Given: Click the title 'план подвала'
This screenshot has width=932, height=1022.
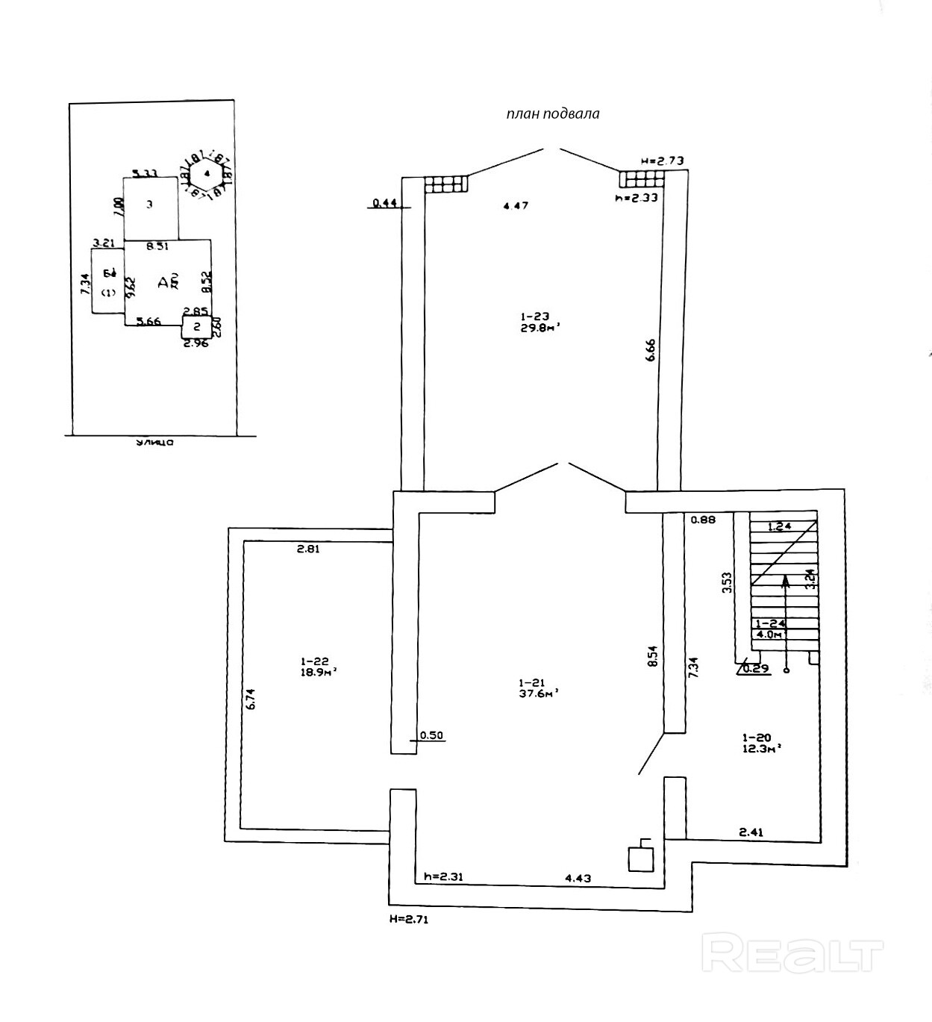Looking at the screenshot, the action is point(552,114).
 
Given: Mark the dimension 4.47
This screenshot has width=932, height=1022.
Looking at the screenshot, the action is point(515,205).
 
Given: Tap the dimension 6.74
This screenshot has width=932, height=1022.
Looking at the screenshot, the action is point(251,697).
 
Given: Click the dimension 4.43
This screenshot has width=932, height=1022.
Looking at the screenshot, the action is point(578,878).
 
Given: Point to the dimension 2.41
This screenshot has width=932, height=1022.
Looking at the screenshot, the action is point(751,831).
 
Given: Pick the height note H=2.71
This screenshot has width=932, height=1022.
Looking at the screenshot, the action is point(409,920).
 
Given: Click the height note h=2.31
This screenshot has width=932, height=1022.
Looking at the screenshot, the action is point(443,877).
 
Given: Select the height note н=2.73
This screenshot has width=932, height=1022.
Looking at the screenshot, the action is point(662,161).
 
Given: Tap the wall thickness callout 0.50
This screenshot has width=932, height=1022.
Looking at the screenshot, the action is point(431,735).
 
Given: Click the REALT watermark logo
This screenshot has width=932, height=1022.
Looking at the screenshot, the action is point(793,955).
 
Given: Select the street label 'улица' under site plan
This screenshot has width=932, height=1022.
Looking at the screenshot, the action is point(154,443).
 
